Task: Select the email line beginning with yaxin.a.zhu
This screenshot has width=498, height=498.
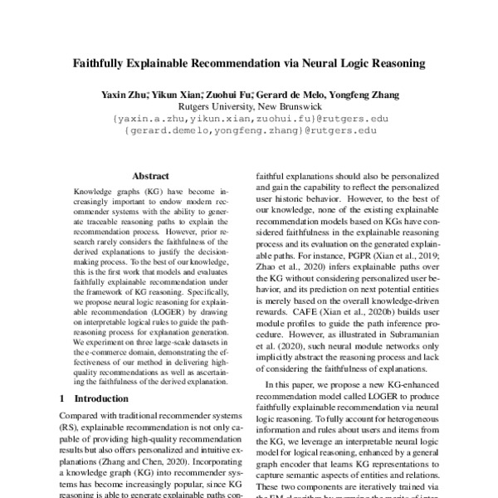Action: tap(249, 119)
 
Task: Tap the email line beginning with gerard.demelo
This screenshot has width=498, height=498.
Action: tap(249, 131)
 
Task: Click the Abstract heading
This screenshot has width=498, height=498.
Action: tap(150, 177)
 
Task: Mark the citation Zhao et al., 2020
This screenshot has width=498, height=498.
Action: tap(281, 270)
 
